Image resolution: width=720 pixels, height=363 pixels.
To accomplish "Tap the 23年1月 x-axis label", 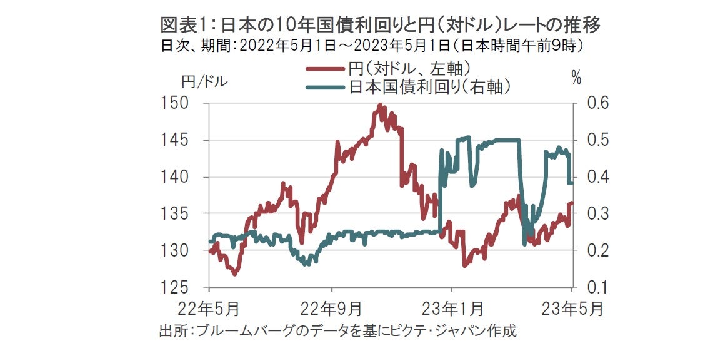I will [x=452, y=309].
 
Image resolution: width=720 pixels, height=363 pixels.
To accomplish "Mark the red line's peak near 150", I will [x=380, y=105].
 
